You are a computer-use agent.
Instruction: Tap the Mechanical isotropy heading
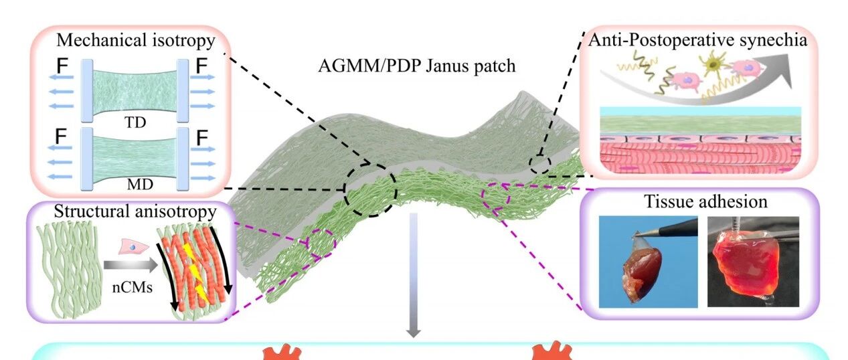point(136,41)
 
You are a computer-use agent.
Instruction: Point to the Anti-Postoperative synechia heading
point(698,39)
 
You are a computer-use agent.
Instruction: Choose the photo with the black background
point(753,262)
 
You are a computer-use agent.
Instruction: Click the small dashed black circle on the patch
point(539,164)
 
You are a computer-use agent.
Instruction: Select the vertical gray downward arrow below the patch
point(414,274)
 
